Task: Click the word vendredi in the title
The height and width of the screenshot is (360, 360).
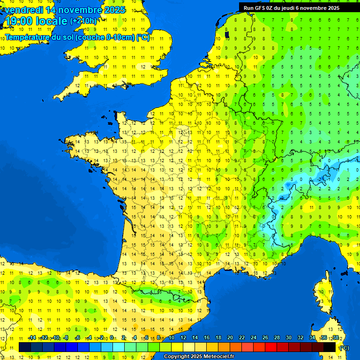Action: coord(24,10)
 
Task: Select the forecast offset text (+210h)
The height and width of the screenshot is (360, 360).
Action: coord(83,21)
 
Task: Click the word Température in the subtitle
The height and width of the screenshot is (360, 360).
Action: coord(28,37)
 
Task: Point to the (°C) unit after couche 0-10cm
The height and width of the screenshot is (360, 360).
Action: coord(143,37)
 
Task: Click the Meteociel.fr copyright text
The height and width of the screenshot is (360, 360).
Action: coord(199,357)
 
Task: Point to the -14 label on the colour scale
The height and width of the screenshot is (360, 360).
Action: coord(32,338)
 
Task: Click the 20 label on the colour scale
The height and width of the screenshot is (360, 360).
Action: coord(230,338)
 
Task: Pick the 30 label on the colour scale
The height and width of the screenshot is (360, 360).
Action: coord(289,338)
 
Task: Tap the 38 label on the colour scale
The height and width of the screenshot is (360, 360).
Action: coord(336,338)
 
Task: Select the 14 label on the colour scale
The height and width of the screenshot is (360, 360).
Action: coord(195,338)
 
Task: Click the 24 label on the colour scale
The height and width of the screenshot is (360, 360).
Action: coord(254,338)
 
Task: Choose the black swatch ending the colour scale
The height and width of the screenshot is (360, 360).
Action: coord(330,347)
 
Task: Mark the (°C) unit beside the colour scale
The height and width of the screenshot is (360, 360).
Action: coord(345,347)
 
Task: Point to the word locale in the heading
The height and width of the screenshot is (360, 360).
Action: coord(51,21)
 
